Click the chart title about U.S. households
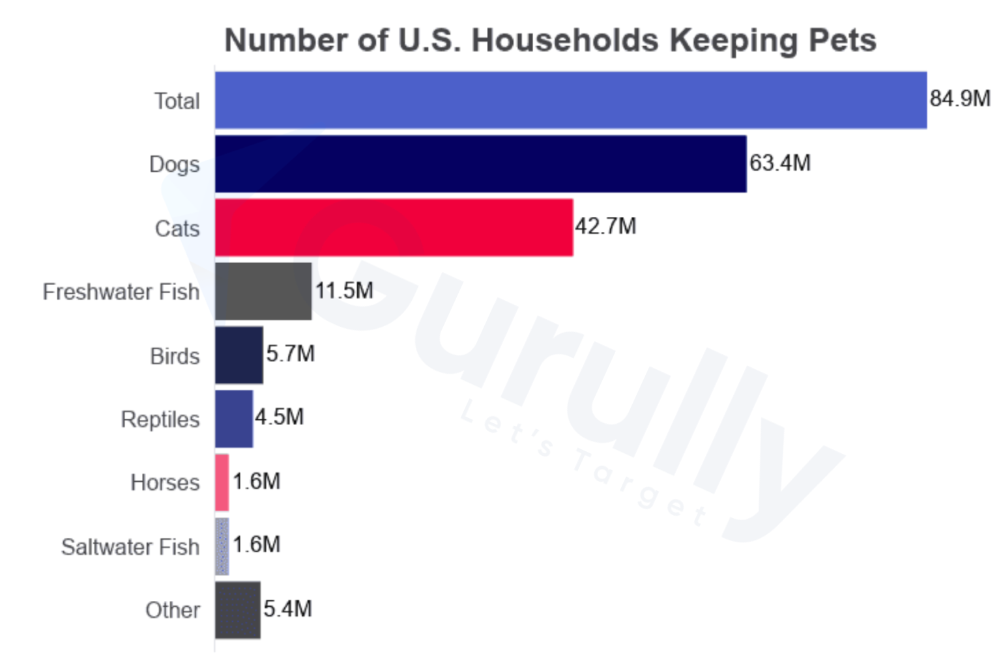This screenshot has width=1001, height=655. (550, 40)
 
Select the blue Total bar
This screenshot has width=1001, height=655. (571, 100)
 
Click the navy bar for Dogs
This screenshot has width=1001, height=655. (481, 164)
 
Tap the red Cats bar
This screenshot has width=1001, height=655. (394, 228)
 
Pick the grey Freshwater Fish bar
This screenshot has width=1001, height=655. (263, 292)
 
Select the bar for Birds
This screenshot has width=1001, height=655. (239, 355)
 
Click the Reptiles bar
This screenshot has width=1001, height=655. (234, 419)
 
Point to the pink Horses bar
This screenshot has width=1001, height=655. (222, 482)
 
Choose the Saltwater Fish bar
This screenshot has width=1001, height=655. (222, 546)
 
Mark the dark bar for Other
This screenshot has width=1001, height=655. (238, 610)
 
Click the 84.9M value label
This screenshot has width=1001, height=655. (960, 99)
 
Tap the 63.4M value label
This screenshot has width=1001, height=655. (780, 163)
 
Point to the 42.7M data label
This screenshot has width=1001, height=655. (605, 227)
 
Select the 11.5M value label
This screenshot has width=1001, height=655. (344, 290)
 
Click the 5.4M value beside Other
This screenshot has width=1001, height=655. (288, 609)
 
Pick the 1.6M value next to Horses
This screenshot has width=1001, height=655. (257, 482)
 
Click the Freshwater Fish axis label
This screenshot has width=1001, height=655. (121, 292)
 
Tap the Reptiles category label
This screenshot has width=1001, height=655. (160, 420)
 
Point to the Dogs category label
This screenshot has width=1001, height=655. (175, 165)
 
